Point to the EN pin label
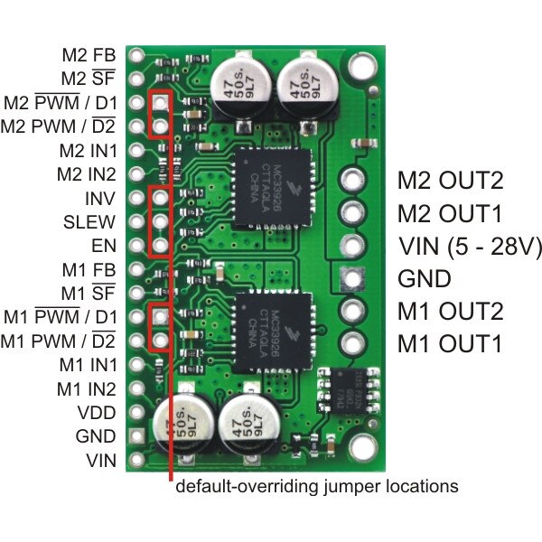point(102,244)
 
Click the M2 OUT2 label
point(450,180)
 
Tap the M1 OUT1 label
point(450,343)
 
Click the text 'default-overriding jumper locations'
point(316,486)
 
